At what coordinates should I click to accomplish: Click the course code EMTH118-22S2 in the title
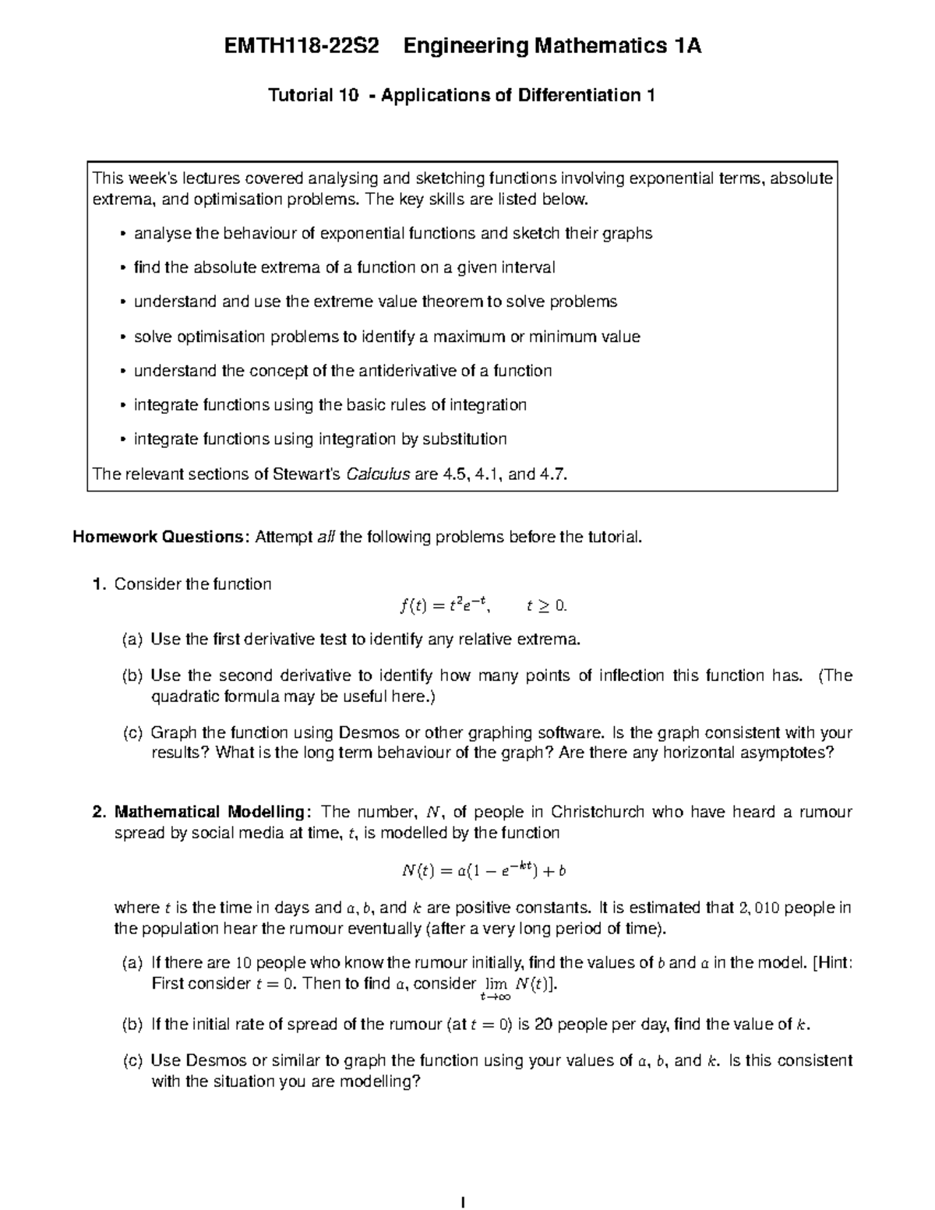(x=302, y=47)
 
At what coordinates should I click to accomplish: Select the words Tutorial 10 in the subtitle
(x=313, y=96)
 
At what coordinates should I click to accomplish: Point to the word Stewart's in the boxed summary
(x=306, y=474)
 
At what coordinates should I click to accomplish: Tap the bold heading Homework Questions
(x=160, y=537)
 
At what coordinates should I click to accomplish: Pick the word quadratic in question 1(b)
(x=185, y=697)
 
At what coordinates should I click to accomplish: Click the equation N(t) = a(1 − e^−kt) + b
(x=483, y=871)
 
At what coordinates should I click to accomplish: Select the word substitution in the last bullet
(x=464, y=439)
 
